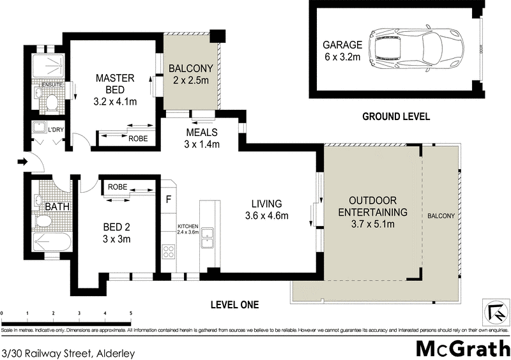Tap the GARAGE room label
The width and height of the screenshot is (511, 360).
[x=342, y=45]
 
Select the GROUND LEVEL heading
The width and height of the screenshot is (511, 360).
[x=395, y=116]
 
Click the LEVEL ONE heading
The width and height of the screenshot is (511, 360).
[x=234, y=305]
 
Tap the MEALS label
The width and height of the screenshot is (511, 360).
[x=202, y=133]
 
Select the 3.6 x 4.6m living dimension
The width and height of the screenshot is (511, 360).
[x=267, y=216]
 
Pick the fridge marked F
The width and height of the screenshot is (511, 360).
[x=168, y=199]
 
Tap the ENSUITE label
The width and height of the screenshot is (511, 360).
[x=51, y=84]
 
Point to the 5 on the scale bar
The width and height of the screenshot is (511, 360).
[x=131, y=313]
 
